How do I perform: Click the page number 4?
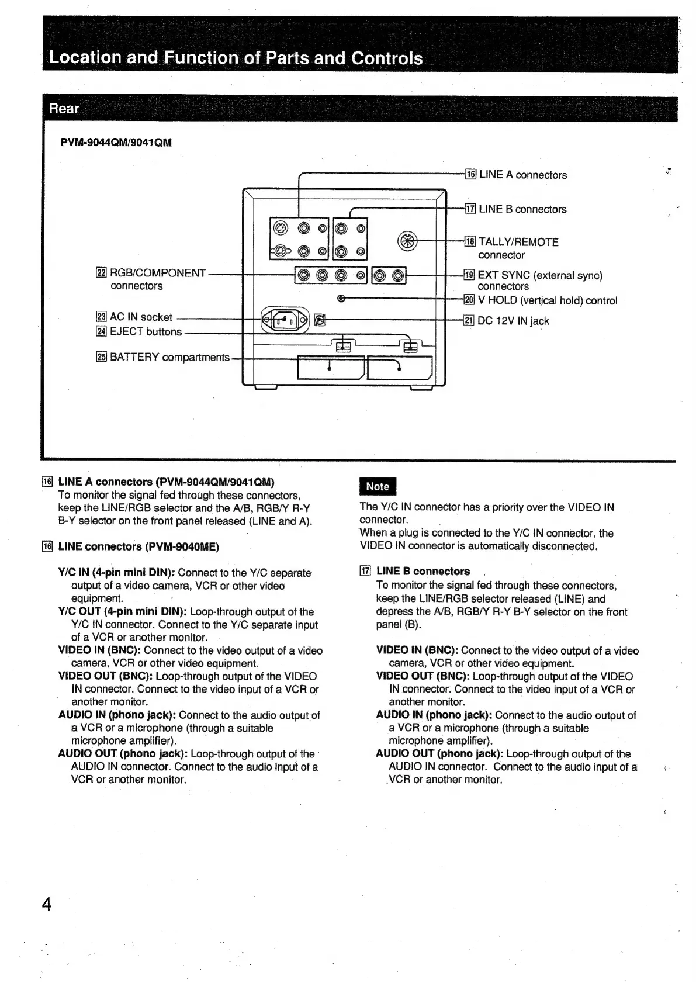[47, 904]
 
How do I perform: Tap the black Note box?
[378, 486]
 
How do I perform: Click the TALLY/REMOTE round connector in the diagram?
[407, 240]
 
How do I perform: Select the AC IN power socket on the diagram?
[285, 320]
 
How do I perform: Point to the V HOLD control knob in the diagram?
[342, 299]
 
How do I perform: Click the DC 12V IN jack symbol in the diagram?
[319, 319]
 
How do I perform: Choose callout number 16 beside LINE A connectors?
[470, 174]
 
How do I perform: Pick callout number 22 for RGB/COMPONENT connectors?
[101, 273]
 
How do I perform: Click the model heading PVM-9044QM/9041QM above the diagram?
[116, 143]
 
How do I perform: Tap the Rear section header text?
[64, 109]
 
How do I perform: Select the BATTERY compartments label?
[169, 357]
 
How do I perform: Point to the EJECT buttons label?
[146, 332]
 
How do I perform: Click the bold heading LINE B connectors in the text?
[423, 572]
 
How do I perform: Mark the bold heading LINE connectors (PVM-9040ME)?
[138, 547]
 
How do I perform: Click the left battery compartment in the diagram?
[330, 367]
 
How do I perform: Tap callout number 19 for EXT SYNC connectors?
[469, 275]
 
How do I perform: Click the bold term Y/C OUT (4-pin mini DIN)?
[122, 612]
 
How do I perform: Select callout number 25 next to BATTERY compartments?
[101, 357]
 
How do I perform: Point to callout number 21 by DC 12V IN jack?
[469, 320]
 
